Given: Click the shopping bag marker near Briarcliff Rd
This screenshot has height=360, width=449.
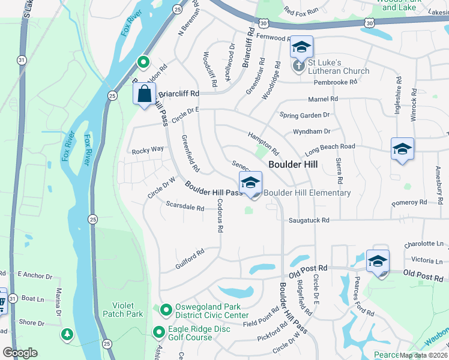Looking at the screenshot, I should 144,95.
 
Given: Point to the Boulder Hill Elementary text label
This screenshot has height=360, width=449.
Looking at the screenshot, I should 307,193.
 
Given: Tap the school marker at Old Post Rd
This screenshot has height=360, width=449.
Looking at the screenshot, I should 378,262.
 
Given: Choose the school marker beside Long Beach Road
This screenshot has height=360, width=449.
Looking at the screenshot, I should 402,149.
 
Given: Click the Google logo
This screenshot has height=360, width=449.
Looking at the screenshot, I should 20,353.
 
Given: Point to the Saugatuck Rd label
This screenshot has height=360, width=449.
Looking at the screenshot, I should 309,221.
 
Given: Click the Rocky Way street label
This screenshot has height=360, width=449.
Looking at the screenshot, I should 148,150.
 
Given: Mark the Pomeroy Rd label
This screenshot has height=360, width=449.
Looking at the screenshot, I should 409,203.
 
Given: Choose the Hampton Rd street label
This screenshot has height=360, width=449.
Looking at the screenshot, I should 264,143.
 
